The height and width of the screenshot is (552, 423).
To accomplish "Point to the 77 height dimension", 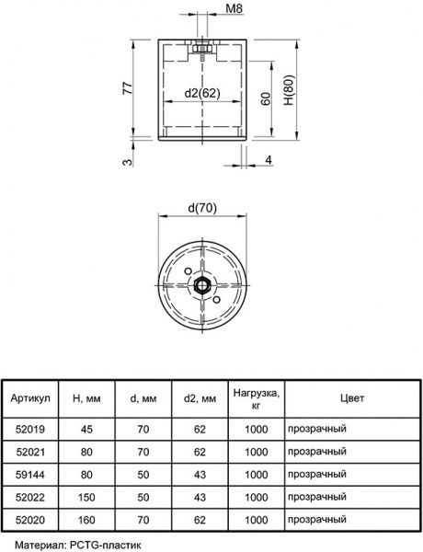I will [128, 88].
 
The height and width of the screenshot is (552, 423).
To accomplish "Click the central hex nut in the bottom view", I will [202, 284].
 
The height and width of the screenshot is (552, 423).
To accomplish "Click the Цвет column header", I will [351, 398].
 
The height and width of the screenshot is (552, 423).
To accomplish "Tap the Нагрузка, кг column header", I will [257, 398].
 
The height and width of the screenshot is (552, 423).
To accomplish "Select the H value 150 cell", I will [87, 499].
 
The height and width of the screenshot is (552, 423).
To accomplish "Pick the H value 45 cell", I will [87, 429].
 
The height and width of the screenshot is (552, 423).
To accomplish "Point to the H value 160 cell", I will [87, 522].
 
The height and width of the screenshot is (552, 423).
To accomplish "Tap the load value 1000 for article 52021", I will [257, 452].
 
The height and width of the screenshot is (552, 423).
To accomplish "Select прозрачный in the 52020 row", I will [316, 522].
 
